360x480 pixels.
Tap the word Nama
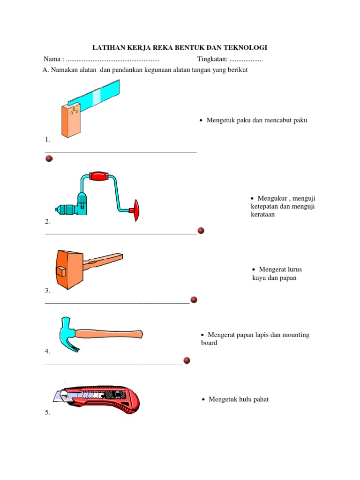(x=52, y=59)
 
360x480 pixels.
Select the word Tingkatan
(x=212, y=59)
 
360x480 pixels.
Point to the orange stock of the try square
(x=71, y=121)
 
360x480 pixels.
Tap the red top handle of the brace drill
(x=99, y=176)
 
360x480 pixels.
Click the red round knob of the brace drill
(x=135, y=210)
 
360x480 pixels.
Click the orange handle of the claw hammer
(x=109, y=334)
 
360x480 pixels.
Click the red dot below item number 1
(x=49, y=158)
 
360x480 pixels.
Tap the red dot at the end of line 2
(x=201, y=231)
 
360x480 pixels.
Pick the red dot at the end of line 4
(x=187, y=360)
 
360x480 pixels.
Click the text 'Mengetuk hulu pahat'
(x=239, y=399)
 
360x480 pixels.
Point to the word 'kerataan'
(x=262, y=214)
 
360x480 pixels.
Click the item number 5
(x=47, y=412)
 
